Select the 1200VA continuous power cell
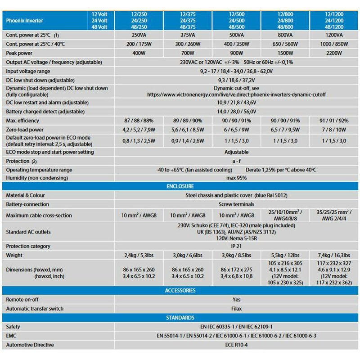coord(333,35)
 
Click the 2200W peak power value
coord(333,53)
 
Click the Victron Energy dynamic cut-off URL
coord(236,94)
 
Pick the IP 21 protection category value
coord(237,246)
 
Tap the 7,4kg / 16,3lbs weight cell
coord(333,256)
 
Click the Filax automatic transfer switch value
coord(237,309)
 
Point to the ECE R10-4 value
coord(237,345)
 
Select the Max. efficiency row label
coord(22,121)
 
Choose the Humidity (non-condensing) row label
coord(36,178)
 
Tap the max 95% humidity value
coord(237,178)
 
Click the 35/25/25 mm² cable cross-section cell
coord(333,216)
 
